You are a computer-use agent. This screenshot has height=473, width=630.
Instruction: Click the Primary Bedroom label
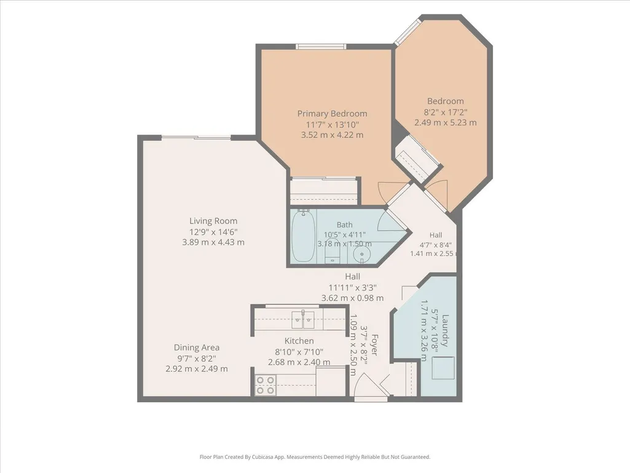[x=333, y=113]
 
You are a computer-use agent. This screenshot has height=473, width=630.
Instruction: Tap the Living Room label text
[x=213, y=221]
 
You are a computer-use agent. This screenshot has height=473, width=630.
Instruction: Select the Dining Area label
[x=197, y=348]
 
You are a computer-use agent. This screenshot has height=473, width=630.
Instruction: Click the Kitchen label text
[x=299, y=341]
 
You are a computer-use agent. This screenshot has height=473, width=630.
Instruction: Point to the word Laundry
[x=444, y=330]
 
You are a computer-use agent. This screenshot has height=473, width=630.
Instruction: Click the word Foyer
[x=374, y=344]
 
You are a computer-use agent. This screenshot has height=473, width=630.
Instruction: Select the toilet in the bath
[x=333, y=254]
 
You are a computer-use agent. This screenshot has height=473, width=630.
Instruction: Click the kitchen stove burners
[x=266, y=384]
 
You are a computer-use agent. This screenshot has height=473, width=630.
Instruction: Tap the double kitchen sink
[x=303, y=319]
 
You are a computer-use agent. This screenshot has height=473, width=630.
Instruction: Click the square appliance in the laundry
[x=443, y=368]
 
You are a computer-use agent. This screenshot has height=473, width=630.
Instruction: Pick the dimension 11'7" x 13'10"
[x=333, y=124]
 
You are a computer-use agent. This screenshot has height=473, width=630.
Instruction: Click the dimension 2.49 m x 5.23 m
[x=446, y=122]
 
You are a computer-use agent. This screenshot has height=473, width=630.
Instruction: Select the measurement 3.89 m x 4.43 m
[x=213, y=242]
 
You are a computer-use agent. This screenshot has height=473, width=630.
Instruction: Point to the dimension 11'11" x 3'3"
[x=352, y=288]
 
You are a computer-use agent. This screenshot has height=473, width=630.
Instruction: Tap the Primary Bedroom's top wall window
[x=321, y=47]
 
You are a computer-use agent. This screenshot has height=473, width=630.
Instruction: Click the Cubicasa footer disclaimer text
[x=315, y=457]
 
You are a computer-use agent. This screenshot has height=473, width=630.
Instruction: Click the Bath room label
[x=344, y=225]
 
